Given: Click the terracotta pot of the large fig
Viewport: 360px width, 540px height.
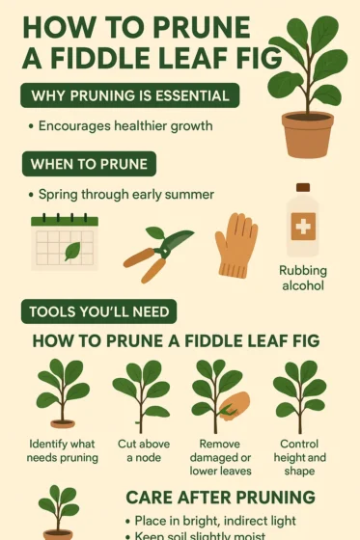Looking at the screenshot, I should (x=307, y=133).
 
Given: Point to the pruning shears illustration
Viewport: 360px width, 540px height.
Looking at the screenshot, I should (x=156, y=253).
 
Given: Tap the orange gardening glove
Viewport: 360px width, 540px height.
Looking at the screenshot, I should (x=235, y=245).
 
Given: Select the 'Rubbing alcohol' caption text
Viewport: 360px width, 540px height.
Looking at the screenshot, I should (x=303, y=279).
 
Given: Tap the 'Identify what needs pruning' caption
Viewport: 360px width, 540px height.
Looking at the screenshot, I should (x=62, y=449).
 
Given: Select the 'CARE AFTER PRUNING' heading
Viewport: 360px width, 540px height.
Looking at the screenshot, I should (x=221, y=498).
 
